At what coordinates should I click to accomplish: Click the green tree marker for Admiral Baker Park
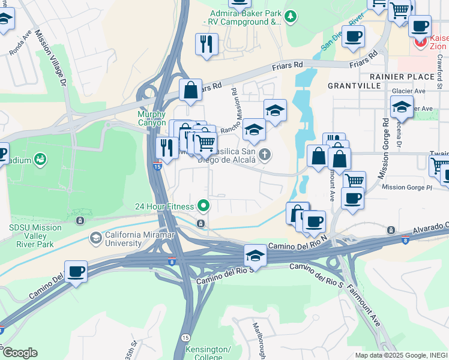[291, 16]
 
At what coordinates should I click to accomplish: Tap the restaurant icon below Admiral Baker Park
[206, 44]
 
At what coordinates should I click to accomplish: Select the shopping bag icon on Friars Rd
[190, 91]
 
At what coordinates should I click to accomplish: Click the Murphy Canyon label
[151, 118]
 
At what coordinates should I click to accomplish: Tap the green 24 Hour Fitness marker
[203, 206]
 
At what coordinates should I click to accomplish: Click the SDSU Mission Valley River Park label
[35, 236]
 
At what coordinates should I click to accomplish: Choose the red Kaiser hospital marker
[421, 42]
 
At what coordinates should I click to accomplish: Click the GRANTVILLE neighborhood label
[354, 86]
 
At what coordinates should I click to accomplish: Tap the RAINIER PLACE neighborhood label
[402, 77]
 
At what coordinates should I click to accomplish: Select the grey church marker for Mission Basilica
[265, 155]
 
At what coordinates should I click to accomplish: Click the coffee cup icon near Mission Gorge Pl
[352, 198]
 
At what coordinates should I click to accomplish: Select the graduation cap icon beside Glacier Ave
[402, 109]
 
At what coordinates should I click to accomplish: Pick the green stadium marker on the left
[40, 160]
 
